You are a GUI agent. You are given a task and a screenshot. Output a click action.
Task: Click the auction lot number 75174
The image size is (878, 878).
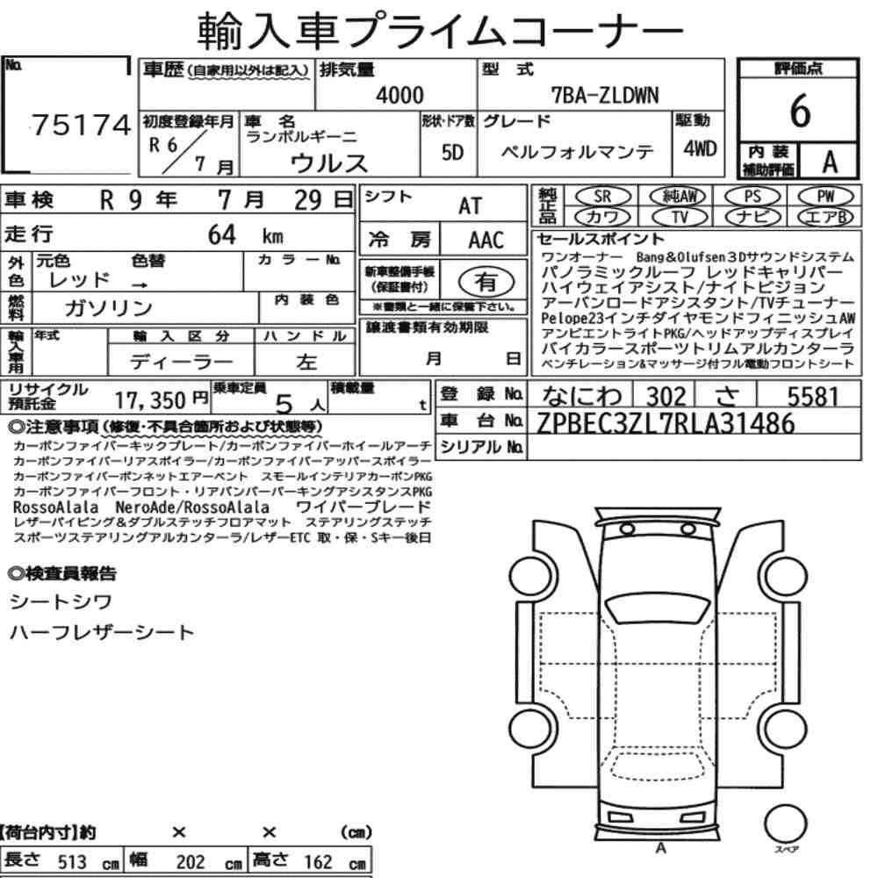tap(81, 125)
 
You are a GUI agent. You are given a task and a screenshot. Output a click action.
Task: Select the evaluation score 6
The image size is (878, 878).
tap(800, 111)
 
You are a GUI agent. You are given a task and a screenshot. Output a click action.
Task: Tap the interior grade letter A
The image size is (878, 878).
tap(830, 162)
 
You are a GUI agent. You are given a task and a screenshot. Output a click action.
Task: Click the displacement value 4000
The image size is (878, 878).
tap(399, 95)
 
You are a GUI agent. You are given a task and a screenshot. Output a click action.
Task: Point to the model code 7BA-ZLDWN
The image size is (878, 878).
tap(605, 95)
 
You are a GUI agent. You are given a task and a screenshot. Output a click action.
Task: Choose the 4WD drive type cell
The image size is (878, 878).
tap(700, 148)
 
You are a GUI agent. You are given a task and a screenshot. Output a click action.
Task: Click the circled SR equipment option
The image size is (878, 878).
tap(602, 196)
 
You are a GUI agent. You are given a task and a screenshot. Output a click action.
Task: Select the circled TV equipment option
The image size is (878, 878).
tap(680, 217)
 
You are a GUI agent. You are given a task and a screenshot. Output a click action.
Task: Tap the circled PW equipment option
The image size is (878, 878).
tap(825, 196)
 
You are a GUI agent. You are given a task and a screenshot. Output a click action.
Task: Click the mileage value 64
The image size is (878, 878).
tap(222, 234)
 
